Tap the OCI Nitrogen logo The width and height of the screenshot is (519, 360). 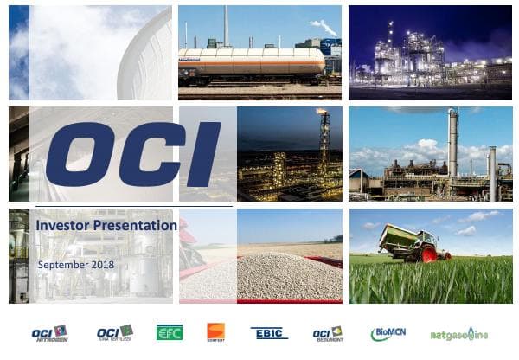[x=49, y=333]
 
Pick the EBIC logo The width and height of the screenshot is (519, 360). [x=269, y=333]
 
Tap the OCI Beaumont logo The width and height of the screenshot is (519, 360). [x=328, y=333]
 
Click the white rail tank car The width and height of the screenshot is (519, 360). [x=251, y=62]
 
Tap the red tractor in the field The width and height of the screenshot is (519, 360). [x=424, y=248]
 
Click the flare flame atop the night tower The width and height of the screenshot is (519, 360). [x=323, y=112]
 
